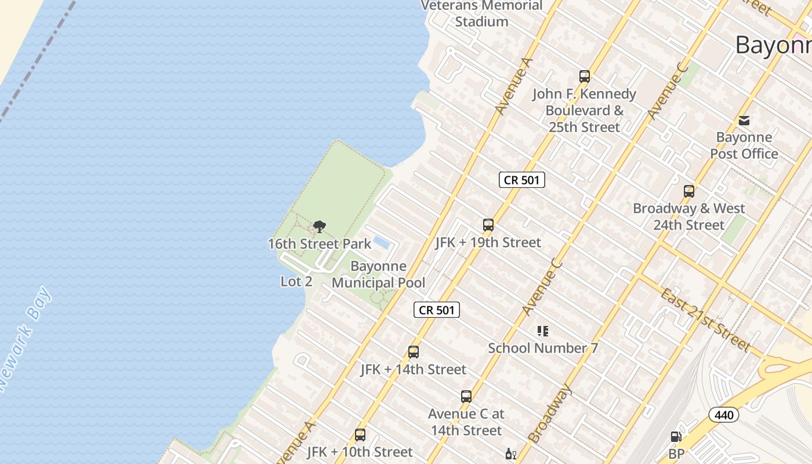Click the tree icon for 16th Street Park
point(319,227)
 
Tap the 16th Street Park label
point(319,244)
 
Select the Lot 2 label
point(296,282)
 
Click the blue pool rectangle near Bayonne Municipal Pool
point(381,243)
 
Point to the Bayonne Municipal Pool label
point(378,275)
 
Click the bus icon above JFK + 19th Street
point(488,225)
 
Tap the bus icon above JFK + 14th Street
point(414,352)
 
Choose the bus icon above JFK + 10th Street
point(360,435)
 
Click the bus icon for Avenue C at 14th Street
point(466,397)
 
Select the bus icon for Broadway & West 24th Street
point(689,191)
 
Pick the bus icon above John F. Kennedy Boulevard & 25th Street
point(585,77)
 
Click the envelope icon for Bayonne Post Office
point(744,121)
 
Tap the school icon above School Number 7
point(543,331)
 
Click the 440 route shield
point(724,415)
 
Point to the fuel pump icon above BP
point(676,437)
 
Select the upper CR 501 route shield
point(522,180)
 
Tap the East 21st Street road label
point(705,320)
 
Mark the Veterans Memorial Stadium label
point(481,13)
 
